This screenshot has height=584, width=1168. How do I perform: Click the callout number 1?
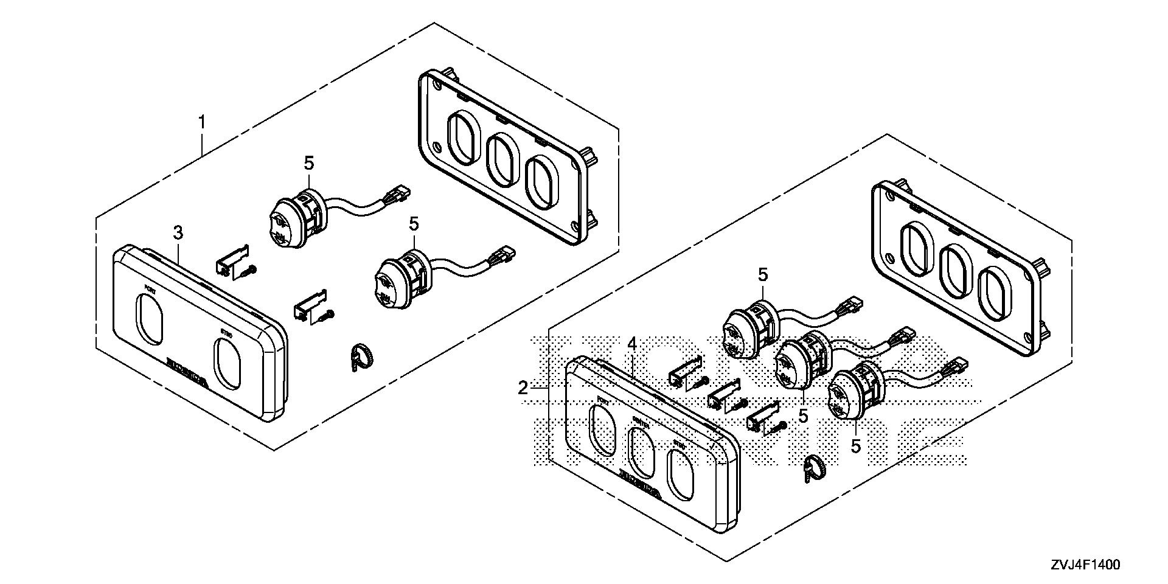pyautogui.click(x=201, y=122)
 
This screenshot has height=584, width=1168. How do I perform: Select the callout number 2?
pyautogui.click(x=523, y=388)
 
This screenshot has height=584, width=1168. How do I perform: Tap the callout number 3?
pyautogui.click(x=178, y=232)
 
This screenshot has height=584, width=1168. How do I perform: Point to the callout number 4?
pyautogui.click(x=632, y=344)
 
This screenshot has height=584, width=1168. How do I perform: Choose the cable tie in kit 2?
pyautogui.click(x=813, y=467)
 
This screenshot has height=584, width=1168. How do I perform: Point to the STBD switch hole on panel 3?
pyautogui.click(x=228, y=364)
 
